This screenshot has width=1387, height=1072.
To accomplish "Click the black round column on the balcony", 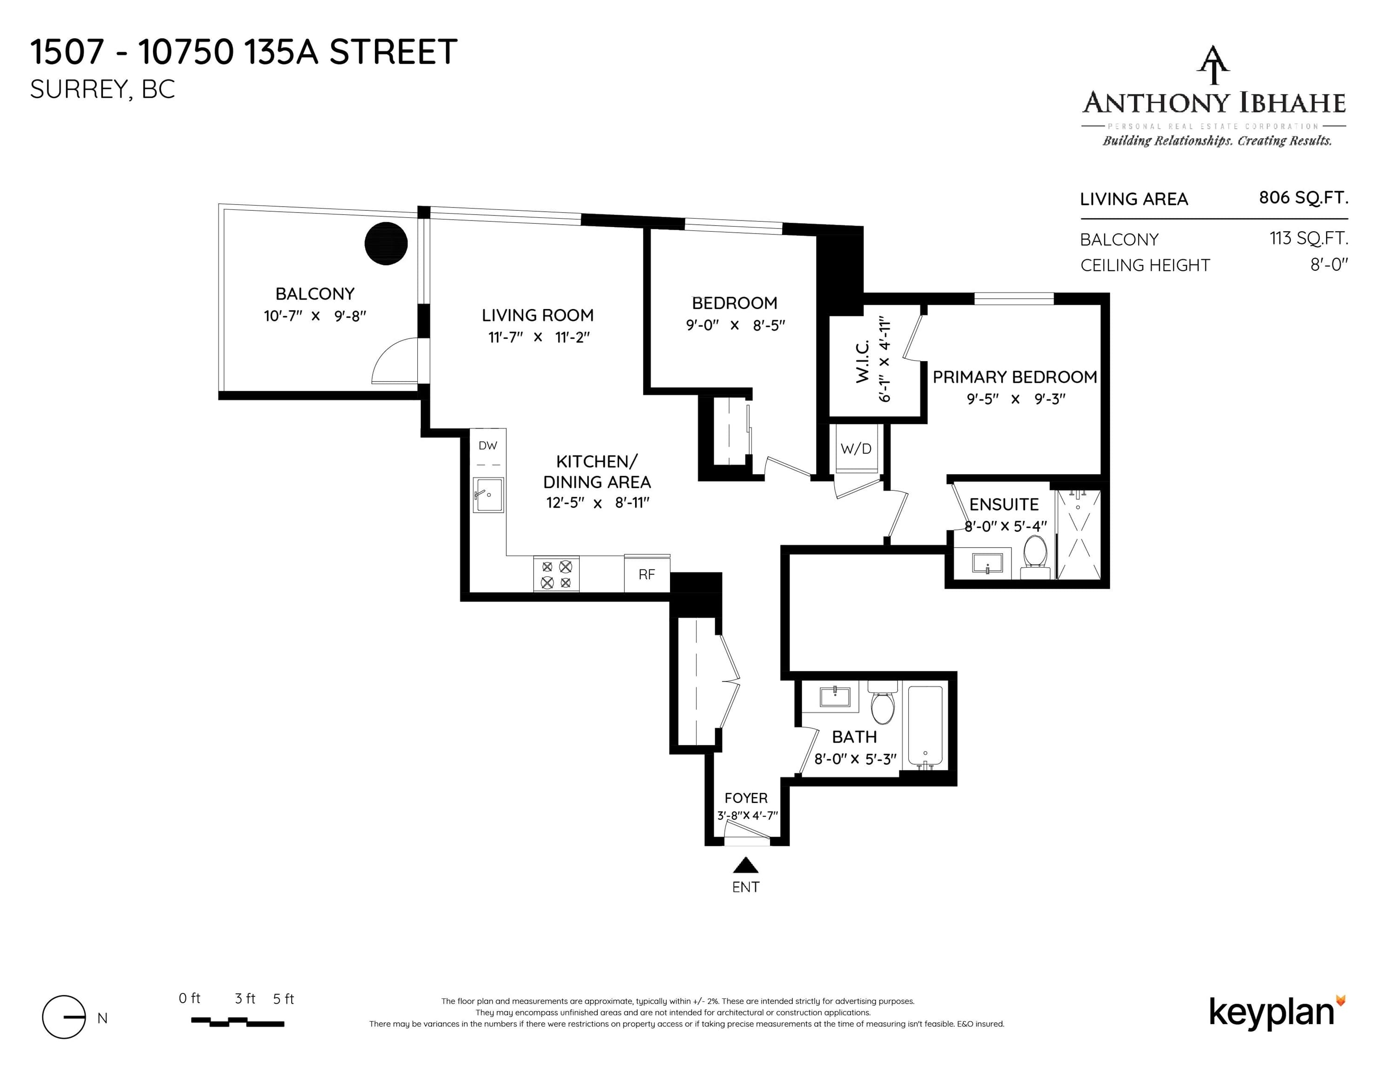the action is (386, 243).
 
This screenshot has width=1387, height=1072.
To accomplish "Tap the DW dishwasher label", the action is (488, 446).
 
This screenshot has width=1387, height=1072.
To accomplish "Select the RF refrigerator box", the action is (647, 574).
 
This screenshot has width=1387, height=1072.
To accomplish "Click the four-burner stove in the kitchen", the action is (556, 574).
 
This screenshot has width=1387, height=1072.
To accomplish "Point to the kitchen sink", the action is (489, 495).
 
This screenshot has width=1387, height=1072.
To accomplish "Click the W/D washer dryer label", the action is (856, 449).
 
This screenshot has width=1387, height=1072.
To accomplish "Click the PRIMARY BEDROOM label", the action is (1015, 377).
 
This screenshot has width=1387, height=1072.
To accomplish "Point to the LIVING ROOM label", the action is (538, 315).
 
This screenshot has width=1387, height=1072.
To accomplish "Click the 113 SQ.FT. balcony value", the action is (1308, 238).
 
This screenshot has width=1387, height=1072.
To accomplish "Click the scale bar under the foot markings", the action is (237, 1022).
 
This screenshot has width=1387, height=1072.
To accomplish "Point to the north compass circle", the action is (63, 1017).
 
